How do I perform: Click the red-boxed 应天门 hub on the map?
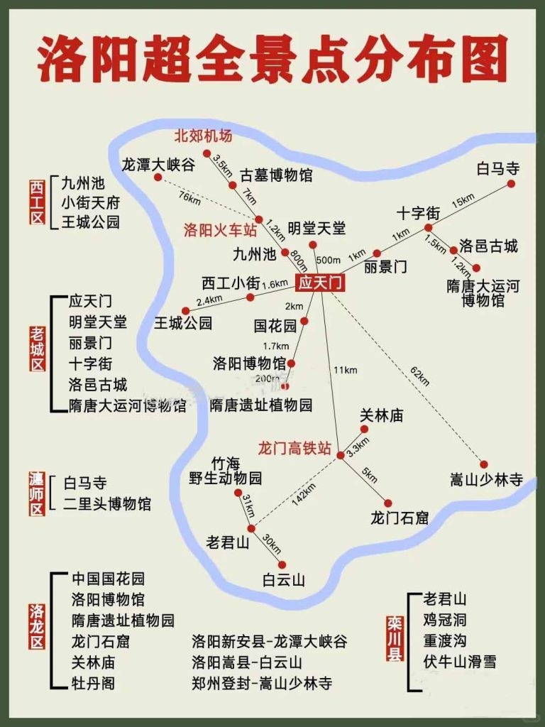320,283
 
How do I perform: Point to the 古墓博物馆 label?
276,175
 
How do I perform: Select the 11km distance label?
344,370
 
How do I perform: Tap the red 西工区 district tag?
37,202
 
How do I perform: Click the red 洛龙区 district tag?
37,626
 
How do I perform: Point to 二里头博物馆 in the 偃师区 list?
107,504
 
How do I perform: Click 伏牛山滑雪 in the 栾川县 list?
459,662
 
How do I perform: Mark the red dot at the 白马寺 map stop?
510,184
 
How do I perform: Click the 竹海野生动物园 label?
226,471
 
